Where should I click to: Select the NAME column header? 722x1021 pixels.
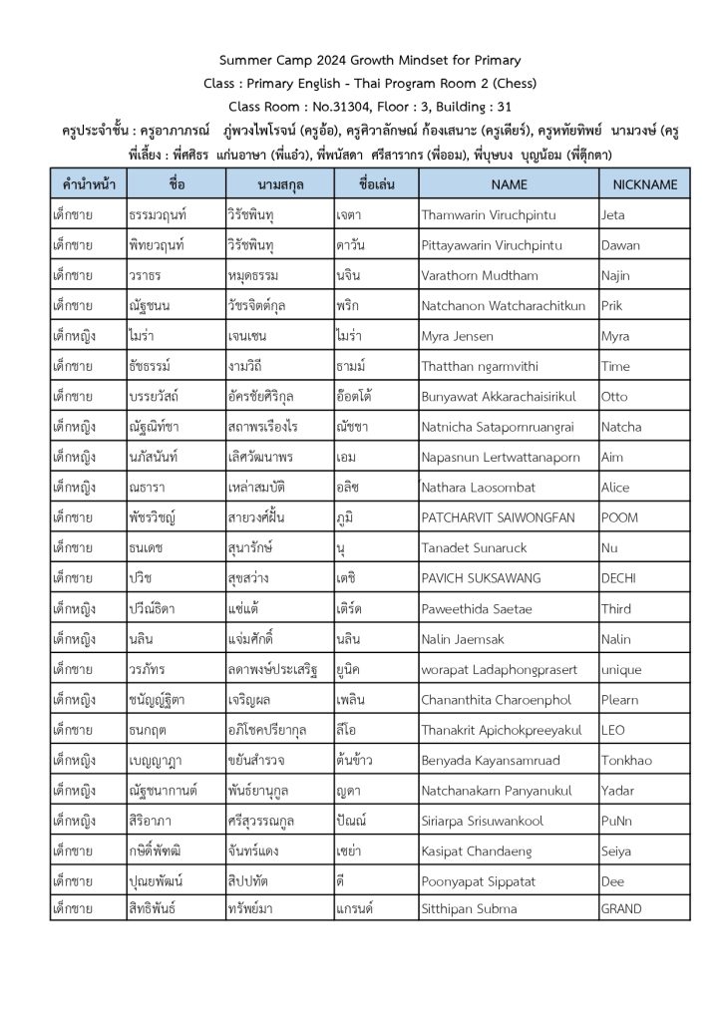point(509,184)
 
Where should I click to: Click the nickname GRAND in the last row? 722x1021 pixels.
point(621,908)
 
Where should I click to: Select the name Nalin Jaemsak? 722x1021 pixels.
point(465,638)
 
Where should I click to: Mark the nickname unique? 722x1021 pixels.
point(621,669)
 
